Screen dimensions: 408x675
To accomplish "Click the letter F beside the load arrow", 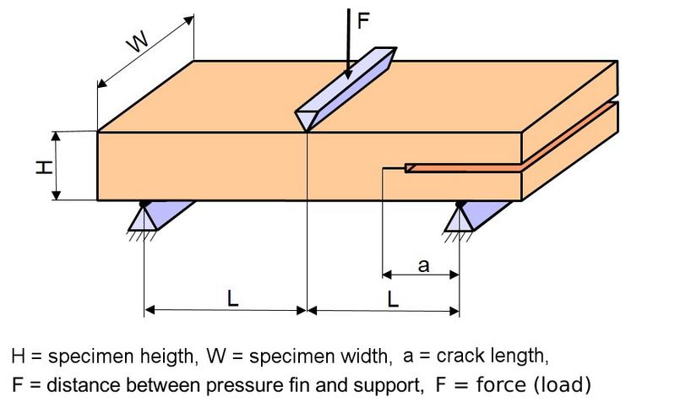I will [x=363, y=21].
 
